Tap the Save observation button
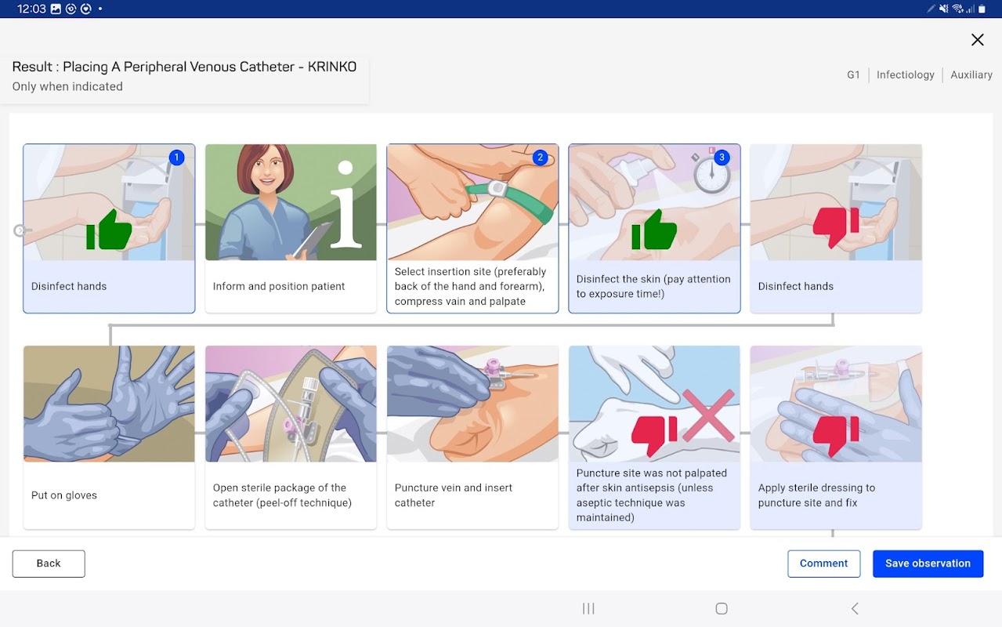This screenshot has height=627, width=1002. point(928,564)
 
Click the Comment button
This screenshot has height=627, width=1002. point(823,564)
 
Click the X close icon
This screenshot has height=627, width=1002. point(978,40)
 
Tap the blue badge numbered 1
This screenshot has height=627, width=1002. point(177,158)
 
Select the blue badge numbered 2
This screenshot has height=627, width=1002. point(541,158)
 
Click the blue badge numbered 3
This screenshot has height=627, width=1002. point(722,158)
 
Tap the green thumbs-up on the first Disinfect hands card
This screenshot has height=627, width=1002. point(109,230)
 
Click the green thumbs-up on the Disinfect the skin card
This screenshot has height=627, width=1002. point(654,230)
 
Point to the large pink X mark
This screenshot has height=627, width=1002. point(708,415)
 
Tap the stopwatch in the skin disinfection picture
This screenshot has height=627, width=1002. point(711,172)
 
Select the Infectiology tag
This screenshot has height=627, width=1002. point(906,74)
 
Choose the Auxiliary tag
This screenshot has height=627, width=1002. point(971,74)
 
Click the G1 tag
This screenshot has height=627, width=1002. point(853,74)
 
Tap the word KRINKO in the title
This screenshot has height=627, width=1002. point(332,67)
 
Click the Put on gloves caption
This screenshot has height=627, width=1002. point(64,495)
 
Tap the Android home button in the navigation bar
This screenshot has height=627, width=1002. point(721,609)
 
